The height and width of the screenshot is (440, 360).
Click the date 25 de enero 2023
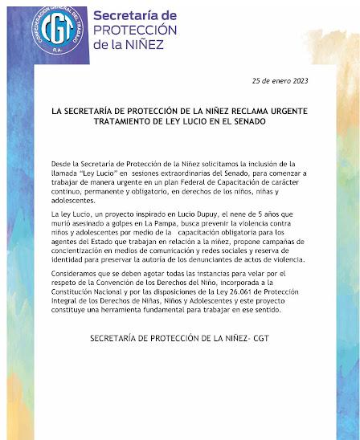click(x=280, y=82)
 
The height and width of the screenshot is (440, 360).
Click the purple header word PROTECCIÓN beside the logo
click(x=131, y=31)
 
